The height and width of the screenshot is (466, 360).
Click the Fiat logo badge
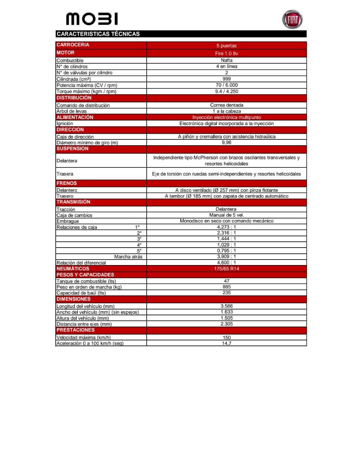292,20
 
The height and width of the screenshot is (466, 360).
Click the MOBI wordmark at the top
92,19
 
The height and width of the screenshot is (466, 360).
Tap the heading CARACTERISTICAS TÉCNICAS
98,34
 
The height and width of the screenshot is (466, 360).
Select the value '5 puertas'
226,46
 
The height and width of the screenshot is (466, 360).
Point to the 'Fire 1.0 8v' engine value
226,54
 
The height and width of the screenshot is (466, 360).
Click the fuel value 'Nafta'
226,60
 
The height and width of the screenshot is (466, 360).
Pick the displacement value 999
226,79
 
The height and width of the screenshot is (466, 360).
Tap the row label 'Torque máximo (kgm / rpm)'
86,91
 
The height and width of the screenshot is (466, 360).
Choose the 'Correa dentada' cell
226,105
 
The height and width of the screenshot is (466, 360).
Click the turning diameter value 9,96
226,142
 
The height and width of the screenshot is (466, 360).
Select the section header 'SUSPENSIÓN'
72,149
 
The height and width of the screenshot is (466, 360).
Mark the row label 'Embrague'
68,221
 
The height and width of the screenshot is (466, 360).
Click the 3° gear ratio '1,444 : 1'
226,239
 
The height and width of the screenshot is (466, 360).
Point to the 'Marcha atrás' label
128,257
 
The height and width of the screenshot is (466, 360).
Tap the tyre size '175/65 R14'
226,269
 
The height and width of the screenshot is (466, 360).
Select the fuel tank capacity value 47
226,281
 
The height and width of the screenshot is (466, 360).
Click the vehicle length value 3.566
226,306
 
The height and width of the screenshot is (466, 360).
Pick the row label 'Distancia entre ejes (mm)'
84,324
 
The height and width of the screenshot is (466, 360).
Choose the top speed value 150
226,337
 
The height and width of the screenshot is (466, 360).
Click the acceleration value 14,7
226,343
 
